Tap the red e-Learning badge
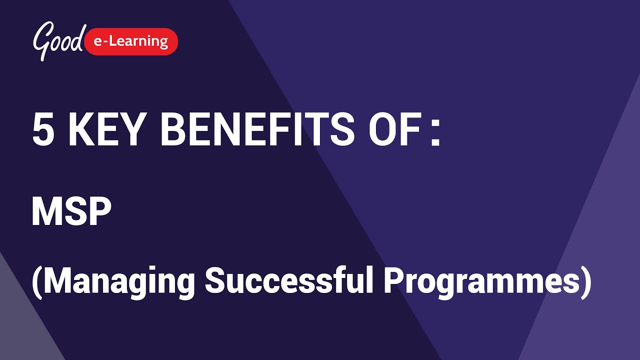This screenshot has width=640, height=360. point(131,41)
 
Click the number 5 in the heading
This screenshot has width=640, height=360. point(43,129)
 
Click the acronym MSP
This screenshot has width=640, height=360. point(71,212)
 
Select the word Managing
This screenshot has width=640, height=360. point(118,281)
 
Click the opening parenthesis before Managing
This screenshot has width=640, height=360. point(36,281)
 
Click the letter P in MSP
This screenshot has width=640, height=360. point(99,212)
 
